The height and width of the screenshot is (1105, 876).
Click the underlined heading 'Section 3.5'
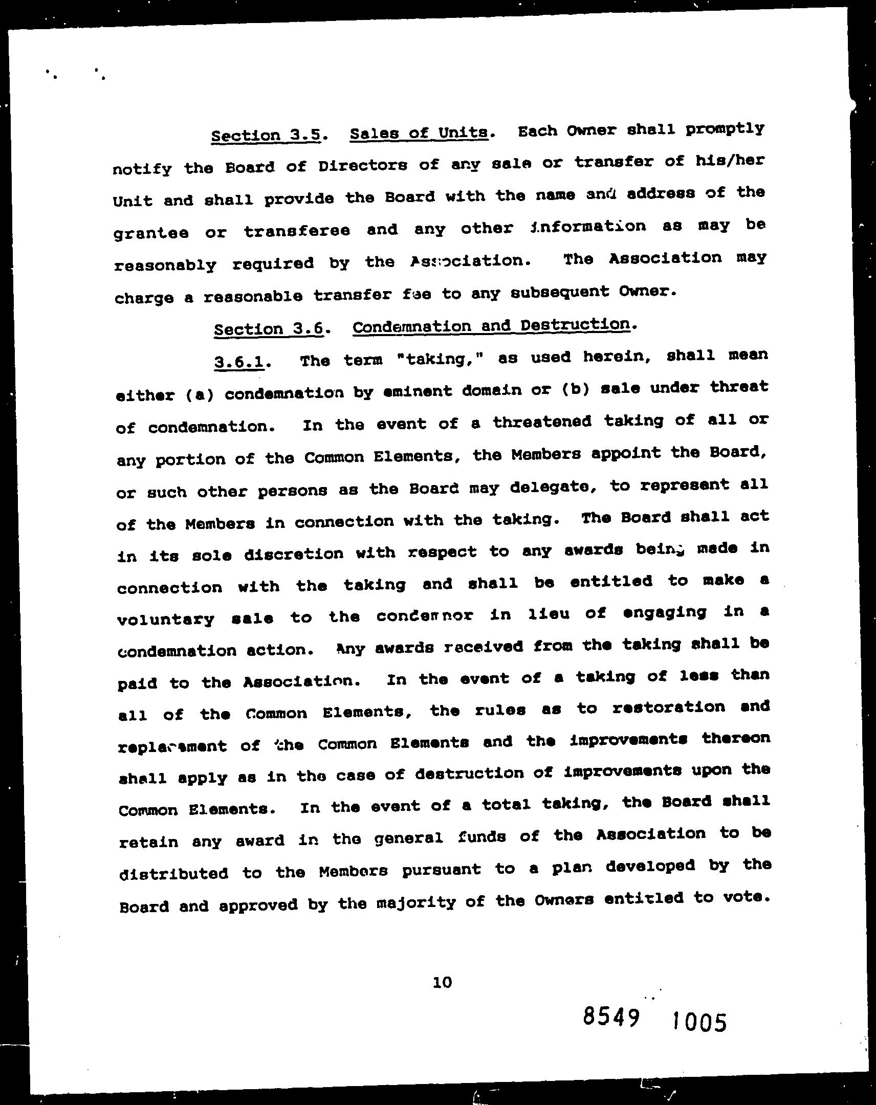(266, 135)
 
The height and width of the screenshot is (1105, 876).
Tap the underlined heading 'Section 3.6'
(269, 328)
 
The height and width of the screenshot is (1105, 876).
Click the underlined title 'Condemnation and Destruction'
(491, 325)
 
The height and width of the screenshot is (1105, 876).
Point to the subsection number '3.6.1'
(239, 362)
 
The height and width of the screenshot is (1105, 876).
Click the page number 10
(443, 982)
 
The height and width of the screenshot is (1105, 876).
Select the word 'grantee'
(151, 233)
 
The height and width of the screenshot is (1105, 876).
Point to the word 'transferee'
(297, 231)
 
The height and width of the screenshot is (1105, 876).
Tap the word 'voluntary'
(166, 619)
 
